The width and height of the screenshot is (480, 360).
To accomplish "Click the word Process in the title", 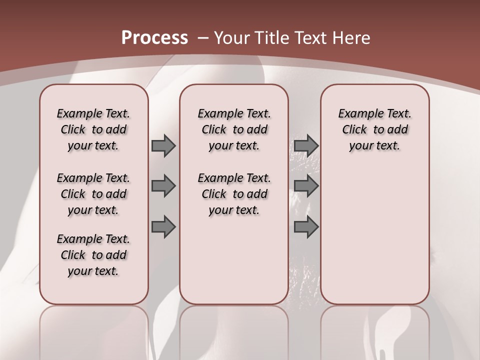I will [x=154, y=38].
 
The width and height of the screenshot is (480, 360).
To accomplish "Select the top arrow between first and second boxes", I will [x=163, y=146].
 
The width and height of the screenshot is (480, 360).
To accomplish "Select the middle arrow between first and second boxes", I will [x=163, y=186].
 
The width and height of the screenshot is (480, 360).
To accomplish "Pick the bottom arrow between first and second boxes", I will [x=163, y=226].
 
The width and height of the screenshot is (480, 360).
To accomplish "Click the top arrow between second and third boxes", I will [x=306, y=146].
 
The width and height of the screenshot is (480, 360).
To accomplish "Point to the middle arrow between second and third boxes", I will [x=306, y=186].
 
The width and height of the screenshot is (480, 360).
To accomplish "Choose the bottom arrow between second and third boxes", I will [x=306, y=226].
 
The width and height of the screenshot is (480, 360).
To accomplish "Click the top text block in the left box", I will [x=93, y=129].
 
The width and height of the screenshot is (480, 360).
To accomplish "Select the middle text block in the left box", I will [x=93, y=194].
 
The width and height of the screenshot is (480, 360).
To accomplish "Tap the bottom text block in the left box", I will [x=93, y=255].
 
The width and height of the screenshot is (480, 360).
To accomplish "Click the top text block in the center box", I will [x=234, y=129].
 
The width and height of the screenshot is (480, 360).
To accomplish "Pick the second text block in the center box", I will [x=234, y=194].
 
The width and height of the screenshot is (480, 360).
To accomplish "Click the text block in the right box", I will [x=374, y=129].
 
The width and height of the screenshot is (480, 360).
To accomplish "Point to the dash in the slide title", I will [x=202, y=38].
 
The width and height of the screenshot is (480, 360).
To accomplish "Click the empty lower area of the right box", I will [x=374, y=240].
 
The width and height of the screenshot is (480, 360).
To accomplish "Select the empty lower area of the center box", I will [x=234, y=260].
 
